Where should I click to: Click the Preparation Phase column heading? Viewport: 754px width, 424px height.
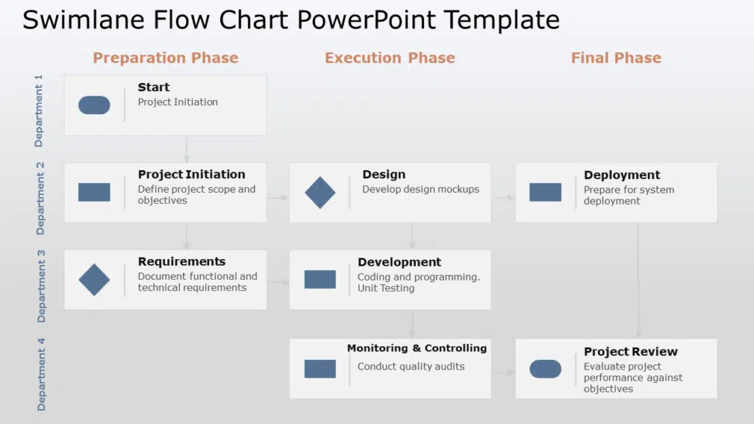coord(166,58)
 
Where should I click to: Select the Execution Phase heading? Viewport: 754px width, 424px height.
coord(390,58)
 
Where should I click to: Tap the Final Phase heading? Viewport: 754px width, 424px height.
coord(616,58)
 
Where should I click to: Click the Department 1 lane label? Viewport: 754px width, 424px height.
coord(39,110)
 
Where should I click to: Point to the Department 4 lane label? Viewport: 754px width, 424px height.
coord(41,373)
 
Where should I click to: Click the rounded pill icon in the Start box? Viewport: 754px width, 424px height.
coord(94,105)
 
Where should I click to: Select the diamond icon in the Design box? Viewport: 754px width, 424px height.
coord(320,193)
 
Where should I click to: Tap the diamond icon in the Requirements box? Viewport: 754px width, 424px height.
coord(94,280)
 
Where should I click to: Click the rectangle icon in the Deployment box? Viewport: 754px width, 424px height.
coord(545,193)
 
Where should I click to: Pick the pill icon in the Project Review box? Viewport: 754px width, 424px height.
coord(545,369)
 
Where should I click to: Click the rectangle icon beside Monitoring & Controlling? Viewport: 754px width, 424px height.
coord(320,369)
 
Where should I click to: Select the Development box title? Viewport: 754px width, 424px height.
coord(399,262)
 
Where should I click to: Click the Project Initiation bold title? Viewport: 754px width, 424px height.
coord(191,174)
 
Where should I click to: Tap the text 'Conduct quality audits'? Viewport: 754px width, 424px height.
coord(411,367)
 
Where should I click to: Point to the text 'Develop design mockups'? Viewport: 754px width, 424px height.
coord(420,189)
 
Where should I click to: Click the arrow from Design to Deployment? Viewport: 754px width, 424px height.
coord(504,197)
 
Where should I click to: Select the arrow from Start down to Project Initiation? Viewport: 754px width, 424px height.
coord(187,149)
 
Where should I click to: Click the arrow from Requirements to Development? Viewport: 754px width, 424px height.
coord(278,282)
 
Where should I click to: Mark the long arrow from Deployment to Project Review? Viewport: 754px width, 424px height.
coord(638,280)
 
